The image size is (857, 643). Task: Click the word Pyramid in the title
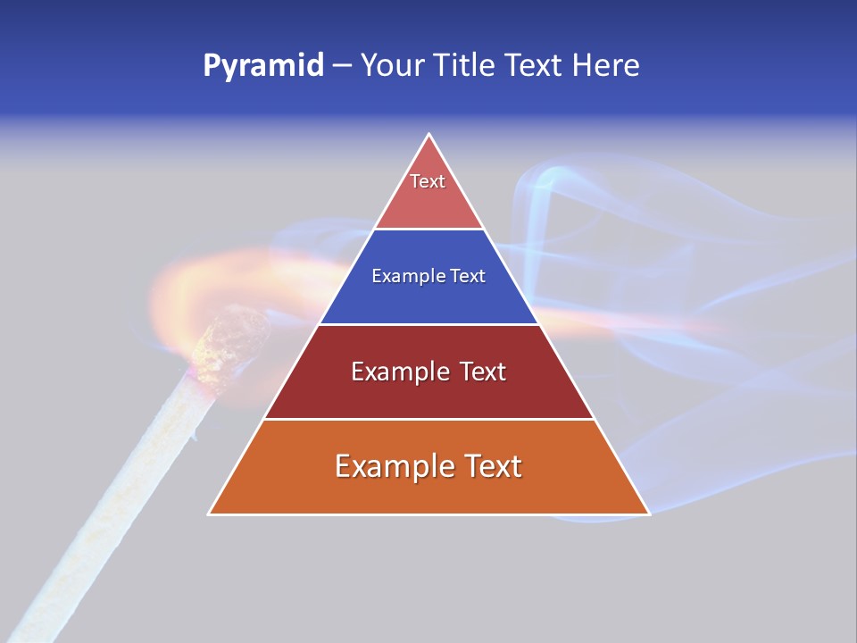[262, 66]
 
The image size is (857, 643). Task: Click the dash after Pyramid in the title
[341, 66]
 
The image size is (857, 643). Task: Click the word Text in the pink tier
[428, 181]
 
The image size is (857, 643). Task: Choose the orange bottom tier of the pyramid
[428, 491]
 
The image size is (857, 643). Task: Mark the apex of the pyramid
[428, 135]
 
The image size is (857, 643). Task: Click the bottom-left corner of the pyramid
[210, 514]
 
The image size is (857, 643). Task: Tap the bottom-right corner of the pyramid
[648, 514]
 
